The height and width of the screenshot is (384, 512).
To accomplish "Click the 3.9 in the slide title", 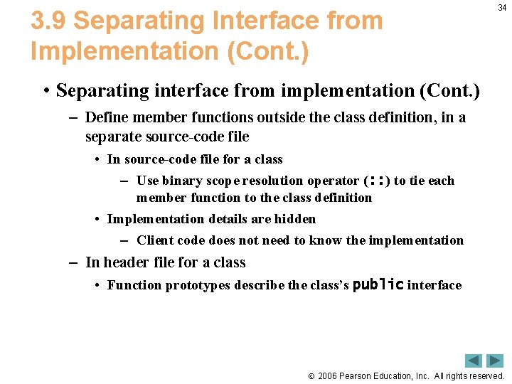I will pyautogui.click(x=48, y=21).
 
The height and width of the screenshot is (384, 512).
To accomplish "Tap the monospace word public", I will pyautogui.click(x=378, y=285).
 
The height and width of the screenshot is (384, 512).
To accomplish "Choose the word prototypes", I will pyautogui.click(x=198, y=285).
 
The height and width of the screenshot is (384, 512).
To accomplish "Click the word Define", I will pyautogui.click(x=105, y=117).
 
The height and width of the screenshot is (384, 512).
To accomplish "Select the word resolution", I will pyautogui.click(x=272, y=181).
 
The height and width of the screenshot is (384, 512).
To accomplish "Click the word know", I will pyautogui.click(x=327, y=240).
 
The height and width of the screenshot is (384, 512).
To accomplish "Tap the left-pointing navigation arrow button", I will pyautogui.click(x=474, y=361).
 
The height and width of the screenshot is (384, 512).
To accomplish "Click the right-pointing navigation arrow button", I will pyautogui.click(x=495, y=361).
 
